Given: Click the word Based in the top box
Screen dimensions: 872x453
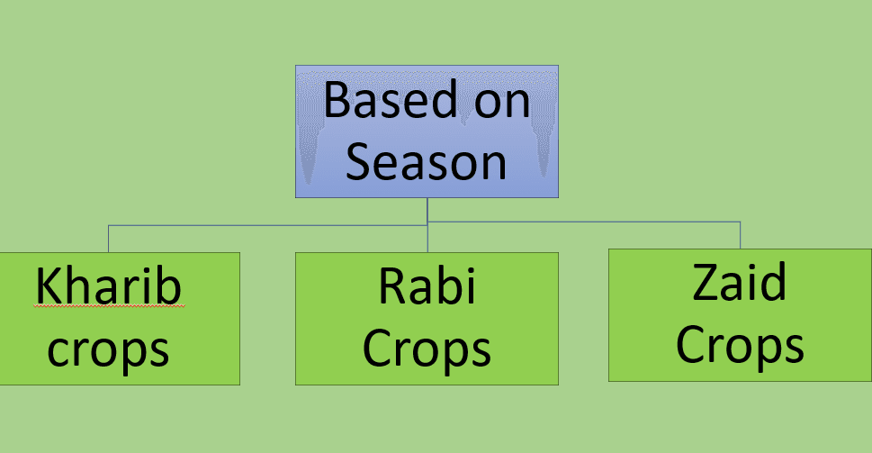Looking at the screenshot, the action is click(x=391, y=99).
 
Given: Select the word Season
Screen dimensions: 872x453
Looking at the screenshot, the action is click(x=426, y=161).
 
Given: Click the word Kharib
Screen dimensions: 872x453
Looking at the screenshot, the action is click(x=109, y=286).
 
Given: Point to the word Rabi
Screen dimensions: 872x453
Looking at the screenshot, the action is click(x=427, y=286).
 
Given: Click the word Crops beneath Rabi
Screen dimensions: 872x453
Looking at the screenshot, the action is click(x=427, y=349).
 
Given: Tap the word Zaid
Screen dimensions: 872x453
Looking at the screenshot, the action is click(x=740, y=282).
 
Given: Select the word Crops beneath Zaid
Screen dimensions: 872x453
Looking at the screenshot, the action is click(x=740, y=346).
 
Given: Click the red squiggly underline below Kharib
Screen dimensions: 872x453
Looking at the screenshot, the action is click(x=109, y=305).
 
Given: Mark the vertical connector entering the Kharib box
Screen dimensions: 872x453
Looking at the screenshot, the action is click(x=109, y=239).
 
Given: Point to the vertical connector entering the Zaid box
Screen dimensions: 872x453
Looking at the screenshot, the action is click(x=741, y=235).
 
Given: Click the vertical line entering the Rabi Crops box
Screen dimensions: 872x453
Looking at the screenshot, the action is click(x=427, y=225).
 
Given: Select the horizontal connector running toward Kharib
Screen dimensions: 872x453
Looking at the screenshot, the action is click(x=267, y=225).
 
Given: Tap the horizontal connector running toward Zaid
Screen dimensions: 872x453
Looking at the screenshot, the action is click(x=584, y=222).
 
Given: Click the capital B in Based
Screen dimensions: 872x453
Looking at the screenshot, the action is click(x=336, y=99).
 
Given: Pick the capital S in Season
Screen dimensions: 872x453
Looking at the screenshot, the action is click(x=357, y=161).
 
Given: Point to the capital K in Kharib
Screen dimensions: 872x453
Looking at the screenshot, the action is click(x=48, y=286).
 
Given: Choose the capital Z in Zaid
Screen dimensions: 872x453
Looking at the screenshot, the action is click(x=706, y=283).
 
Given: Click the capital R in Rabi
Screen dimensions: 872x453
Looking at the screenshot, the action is click(x=391, y=286).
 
